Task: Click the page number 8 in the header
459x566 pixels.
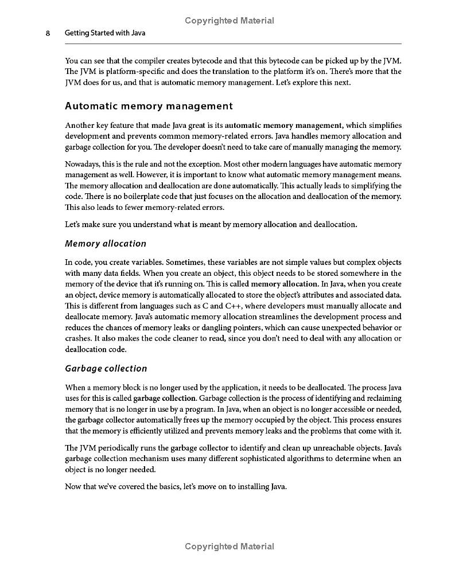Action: click(x=48, y=33)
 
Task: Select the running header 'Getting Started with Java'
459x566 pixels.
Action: click(x=105, y=33)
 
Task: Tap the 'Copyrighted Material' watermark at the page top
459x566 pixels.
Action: click(x=229, y=21)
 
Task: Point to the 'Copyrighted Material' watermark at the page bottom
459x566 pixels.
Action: click(x=229, y=547)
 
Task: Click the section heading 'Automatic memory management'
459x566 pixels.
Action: click(x=149, y=106)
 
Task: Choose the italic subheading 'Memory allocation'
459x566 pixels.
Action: click(x=106, y=243)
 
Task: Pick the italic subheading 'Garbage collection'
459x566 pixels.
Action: click(x=106, y=368)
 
